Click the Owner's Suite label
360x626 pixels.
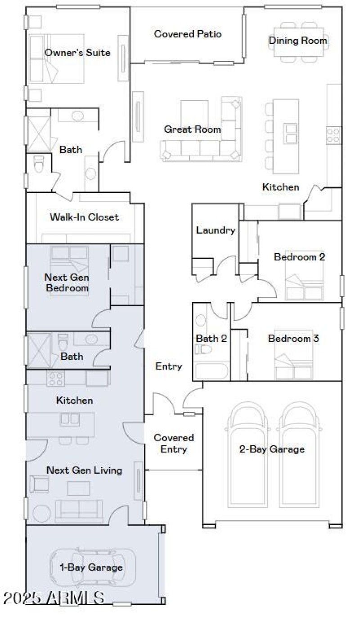tap(77, 53)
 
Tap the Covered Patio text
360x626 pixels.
tap(188, 34)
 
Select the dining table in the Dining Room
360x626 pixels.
tap(298, 42)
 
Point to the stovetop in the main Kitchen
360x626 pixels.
tap(333, 134)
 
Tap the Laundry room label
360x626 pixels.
tap(216, 230)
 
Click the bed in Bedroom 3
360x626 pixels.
tap(294, 362)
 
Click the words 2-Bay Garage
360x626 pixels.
tap(271, 449)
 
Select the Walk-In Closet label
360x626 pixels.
tap(84, 217)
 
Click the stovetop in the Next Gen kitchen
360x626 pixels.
tap(55, 378)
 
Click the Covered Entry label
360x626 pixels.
tap(174, 443)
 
